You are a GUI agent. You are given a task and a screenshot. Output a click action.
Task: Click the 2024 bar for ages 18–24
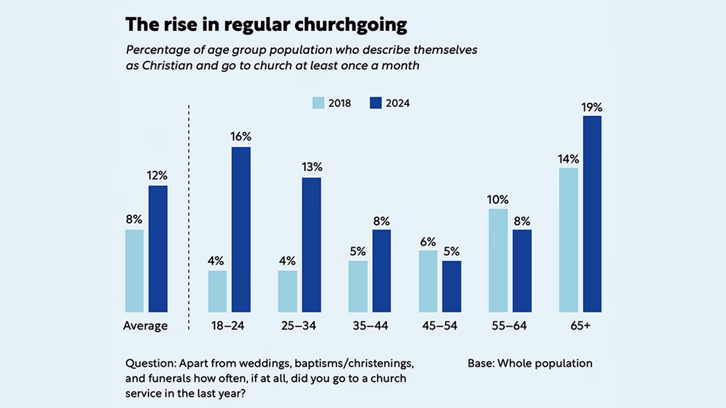point(241,229)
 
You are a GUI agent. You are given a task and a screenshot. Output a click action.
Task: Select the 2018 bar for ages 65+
point(568,240)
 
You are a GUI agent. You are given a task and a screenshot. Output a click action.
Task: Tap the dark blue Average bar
point(158,248)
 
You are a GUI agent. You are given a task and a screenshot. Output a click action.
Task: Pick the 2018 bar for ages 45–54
point(428,281)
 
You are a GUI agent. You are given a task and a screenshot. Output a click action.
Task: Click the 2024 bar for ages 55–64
point(522,270)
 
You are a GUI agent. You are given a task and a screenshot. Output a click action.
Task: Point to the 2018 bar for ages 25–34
point(288,291)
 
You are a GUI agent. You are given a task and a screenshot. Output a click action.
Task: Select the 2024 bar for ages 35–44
point(381,270)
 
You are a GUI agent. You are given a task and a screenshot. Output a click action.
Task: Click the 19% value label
point(592,107)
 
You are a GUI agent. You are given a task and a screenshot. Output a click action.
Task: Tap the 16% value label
point(241,137)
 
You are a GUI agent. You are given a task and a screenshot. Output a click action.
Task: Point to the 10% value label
point(498,199)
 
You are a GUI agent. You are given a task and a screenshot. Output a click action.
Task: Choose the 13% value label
point(312,167)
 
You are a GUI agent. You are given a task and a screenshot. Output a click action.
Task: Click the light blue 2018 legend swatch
point(318,103)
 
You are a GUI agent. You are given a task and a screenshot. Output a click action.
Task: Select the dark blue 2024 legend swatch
point(376,103)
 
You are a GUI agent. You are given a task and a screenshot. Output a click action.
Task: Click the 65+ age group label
point(580,326)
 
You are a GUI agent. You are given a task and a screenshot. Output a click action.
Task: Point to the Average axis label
point(145,326)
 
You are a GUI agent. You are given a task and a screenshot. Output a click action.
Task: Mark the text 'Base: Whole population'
point(530,363)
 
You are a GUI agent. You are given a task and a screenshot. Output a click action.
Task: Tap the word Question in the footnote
point(150,363)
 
